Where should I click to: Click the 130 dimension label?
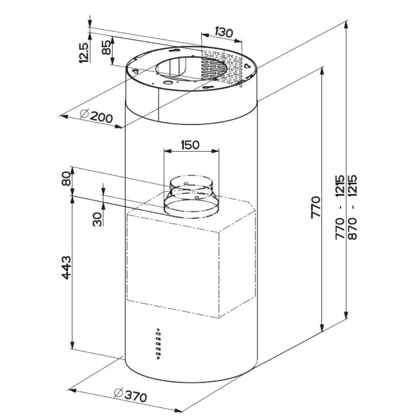pos(224,33)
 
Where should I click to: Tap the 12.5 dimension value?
pos(84,53)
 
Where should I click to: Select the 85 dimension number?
pos(106,48)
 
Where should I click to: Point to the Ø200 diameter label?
pos(96,116)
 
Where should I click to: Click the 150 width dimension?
pos(190,145)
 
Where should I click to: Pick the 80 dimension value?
pos(66,178)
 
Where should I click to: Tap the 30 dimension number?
pos(97,219)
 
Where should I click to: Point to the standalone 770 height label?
pos(316,207)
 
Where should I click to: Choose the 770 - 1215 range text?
pos(340,207)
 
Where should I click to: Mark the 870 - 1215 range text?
pos(353,207)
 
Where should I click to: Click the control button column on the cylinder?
pos(158,344)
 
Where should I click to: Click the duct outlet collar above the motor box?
pos(191,196)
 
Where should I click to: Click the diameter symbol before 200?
pos(84,114)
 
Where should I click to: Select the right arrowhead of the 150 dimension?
pos(215,151)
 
